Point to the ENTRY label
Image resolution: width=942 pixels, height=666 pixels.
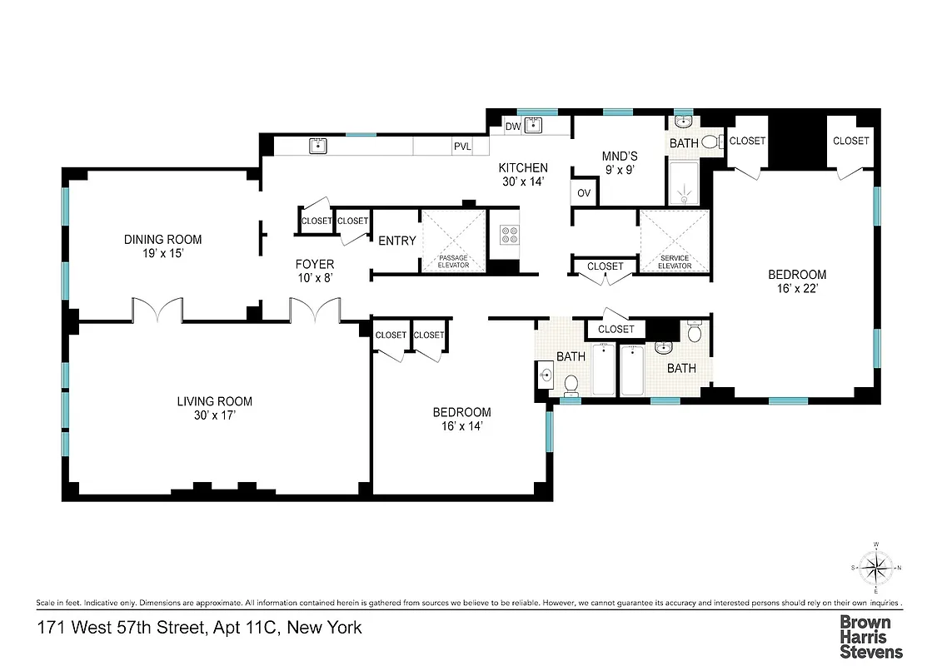coord(396,241)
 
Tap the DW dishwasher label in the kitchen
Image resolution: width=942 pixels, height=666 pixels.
coord(513,127)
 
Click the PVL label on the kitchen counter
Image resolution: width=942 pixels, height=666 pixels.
coord(462,147)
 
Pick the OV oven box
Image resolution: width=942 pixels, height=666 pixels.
coord(584,193)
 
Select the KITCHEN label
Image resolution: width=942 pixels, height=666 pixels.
coord(524,174)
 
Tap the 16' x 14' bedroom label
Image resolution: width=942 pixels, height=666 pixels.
coord(461,419)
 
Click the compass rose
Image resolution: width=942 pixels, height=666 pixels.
coord(875,569)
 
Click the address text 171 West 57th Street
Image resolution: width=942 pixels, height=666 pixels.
coord(199,627)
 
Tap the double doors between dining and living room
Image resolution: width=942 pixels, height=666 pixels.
coord(157,311)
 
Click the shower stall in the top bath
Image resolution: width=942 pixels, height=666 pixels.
coord(685,183)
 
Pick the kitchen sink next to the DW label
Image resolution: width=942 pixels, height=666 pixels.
coord(534,126)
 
